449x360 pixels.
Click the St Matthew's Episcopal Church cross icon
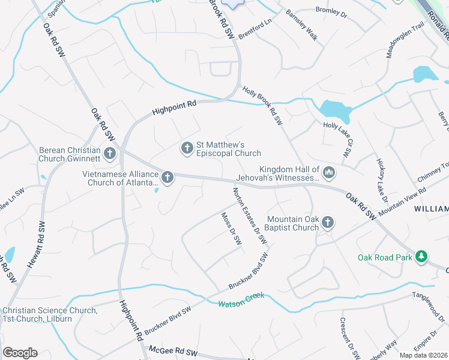[187, 147]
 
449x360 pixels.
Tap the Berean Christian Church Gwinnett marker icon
[109, 154]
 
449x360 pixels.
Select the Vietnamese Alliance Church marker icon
[167, 177]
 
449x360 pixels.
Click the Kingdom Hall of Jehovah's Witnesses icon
[328, 173]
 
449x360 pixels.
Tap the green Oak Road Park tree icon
[422, 257]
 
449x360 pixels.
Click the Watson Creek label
[241, 299]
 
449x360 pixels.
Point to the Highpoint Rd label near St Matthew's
[174, 107]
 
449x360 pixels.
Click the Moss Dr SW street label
[231, 229]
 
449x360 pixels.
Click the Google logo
[20, 353]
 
